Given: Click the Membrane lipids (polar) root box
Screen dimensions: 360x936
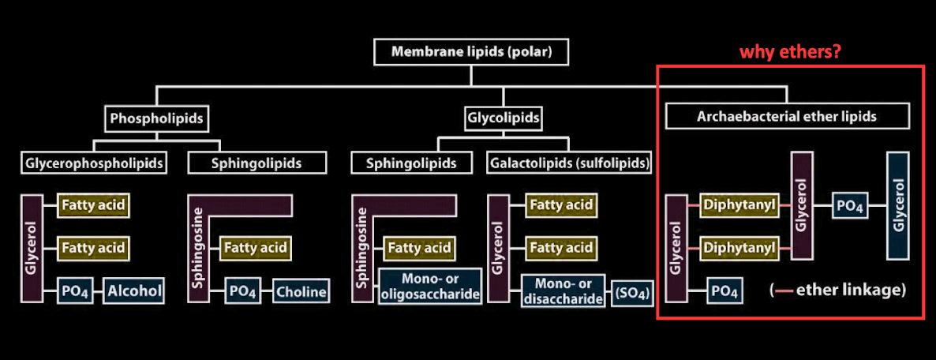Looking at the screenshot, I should (471, 53).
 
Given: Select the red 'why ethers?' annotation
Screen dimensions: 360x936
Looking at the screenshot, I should (789, 52).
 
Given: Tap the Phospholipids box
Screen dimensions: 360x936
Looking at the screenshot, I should (157, 119).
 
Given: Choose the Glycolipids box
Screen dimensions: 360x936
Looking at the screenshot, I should (503, 118).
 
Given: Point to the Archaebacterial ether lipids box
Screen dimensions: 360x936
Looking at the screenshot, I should (787, 117).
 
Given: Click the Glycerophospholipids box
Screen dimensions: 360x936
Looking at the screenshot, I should (95, 163).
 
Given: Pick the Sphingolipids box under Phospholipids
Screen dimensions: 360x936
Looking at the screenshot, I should (245, 163).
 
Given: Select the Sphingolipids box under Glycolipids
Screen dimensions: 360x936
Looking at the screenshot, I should (410, 163).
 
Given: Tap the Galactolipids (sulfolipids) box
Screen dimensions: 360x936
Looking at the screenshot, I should (570, 163).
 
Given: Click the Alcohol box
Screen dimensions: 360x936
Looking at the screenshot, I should (133, 291).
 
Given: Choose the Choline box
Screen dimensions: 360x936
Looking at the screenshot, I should (301, 291).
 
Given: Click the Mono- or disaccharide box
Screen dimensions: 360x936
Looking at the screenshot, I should (563, 291).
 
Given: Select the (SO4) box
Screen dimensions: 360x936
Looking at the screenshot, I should (633, 296).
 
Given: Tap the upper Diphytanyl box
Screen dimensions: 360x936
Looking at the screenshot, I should (740, 207).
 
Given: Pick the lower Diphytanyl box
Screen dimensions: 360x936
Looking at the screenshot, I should (740, 249).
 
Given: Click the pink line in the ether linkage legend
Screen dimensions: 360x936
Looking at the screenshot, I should (784, 291).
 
